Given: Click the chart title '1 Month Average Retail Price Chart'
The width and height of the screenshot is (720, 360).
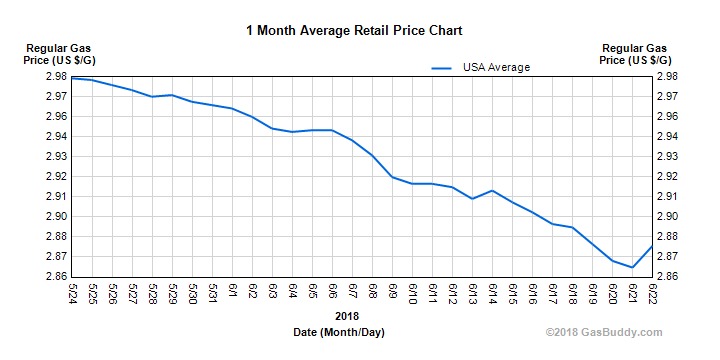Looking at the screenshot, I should [360, 30].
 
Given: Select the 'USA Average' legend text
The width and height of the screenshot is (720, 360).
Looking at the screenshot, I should [496, 68].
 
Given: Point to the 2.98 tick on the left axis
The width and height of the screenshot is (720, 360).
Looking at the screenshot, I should [55, 77].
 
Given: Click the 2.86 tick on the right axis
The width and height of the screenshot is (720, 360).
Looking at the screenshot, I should [667, 277].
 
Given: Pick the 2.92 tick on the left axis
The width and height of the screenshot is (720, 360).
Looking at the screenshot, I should [55, 177].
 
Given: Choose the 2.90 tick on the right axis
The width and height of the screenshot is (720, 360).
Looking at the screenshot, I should [667, 217].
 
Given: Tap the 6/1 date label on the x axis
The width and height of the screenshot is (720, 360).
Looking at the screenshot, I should [232, 294].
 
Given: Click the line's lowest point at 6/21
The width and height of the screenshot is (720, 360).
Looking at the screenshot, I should [632, 267].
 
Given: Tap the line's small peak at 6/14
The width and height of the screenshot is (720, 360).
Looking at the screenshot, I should [492, 190].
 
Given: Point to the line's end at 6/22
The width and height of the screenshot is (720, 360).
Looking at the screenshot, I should [652, 246].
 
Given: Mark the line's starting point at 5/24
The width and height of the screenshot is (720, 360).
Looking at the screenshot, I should [73, 78].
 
